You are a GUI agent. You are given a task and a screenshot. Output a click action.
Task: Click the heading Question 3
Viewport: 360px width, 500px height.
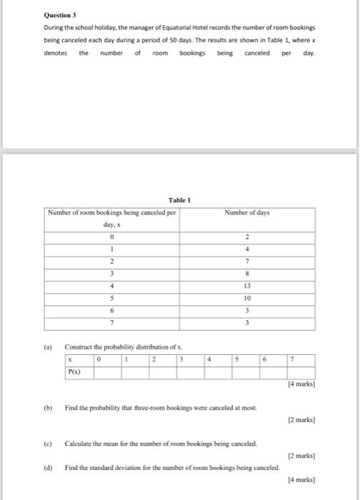[60, 14]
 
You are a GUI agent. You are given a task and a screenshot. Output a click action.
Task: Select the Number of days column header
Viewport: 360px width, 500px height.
[246, 212]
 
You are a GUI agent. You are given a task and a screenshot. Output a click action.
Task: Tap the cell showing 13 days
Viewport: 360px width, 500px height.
[246, 286]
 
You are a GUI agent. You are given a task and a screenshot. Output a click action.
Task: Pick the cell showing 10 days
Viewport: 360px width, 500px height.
[246, 298]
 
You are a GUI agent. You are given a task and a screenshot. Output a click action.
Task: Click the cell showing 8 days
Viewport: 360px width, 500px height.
[246, 274]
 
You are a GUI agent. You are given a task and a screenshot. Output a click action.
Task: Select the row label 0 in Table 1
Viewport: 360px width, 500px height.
[111, 236]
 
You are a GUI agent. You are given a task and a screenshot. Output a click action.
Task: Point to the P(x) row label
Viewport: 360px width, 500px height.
[74, 371]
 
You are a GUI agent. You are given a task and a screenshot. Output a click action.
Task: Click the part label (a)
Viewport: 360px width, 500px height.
[48, 347]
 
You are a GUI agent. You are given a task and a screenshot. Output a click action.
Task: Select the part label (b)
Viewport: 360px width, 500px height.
[48, 409]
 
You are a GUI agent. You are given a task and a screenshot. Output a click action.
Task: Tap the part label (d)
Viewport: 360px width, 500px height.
[48, 467]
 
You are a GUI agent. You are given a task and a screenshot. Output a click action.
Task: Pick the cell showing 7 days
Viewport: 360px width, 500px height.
[246, 261]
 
